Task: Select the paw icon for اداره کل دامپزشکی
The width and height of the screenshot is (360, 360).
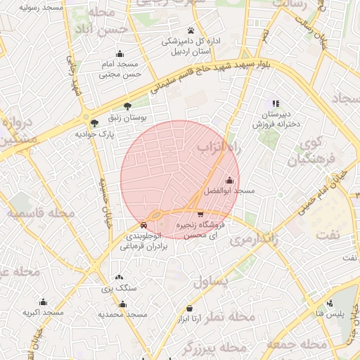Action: tap(190, 30)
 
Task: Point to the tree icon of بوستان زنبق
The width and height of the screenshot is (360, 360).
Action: tap(127, 106)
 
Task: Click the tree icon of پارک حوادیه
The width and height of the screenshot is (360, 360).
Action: tap(95, 122)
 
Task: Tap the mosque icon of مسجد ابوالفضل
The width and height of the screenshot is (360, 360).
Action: tap(229, 180)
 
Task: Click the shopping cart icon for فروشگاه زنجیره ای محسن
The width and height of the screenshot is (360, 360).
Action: tap(201, 214)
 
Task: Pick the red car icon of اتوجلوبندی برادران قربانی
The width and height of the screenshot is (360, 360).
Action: tap(143, 226)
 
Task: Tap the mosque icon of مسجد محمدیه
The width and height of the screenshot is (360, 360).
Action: tap(123, 304)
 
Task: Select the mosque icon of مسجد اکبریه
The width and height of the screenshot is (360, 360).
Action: tap(43, 302)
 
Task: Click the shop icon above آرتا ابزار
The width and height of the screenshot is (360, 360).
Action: tap(189, 308)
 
